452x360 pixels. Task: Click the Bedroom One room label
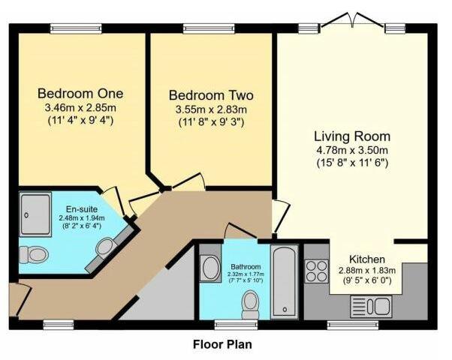coord(80,94)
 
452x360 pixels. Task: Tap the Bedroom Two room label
coord(211,95)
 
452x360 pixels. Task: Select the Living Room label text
coord(352,136)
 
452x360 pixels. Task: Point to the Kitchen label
coord(367,259)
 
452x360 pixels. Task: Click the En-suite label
coord(82,209)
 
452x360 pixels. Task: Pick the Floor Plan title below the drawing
coord(222,344)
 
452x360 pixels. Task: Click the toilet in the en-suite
coord(34,254)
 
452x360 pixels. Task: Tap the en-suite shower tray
coord(35,214)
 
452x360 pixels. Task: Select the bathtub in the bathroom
coord(285,281)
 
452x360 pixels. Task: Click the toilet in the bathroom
coord(250,304)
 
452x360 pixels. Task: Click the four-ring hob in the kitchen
coord(317,271)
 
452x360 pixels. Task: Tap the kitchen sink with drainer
coord(371,307)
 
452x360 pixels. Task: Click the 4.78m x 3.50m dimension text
coord(352,150)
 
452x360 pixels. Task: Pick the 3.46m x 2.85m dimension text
coord(80,108)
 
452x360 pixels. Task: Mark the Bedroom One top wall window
coord(76,28)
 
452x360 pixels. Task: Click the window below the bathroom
coord(237,325)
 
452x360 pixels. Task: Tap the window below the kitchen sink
coord(353,325)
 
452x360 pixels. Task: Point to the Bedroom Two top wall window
coord(209,28)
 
